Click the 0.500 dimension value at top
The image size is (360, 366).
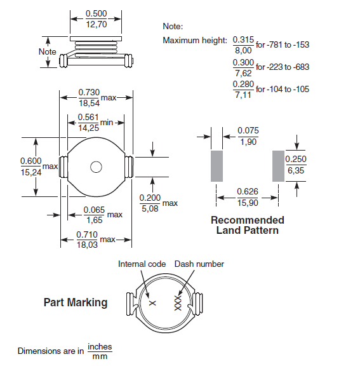(97, 13)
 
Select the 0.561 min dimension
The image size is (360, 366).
(88, 117)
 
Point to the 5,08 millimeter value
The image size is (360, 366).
(149, 208)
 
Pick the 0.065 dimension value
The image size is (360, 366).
(94, 210)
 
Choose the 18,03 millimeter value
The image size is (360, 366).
(88, 245)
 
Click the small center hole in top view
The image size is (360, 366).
(96, 167)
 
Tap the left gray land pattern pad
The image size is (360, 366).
(217, 165)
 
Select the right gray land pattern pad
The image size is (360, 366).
(277, 165)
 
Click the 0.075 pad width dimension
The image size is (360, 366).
(248, 131)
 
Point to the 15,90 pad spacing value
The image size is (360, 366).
(247, 203)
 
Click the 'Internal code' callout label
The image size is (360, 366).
(142, 264)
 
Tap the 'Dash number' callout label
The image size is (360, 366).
(199, 264)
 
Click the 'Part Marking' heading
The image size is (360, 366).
(76, 302)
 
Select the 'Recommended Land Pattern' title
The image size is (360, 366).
(248, 225)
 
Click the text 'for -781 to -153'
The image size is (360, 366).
(283, 44)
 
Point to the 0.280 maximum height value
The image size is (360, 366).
(243, 85)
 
